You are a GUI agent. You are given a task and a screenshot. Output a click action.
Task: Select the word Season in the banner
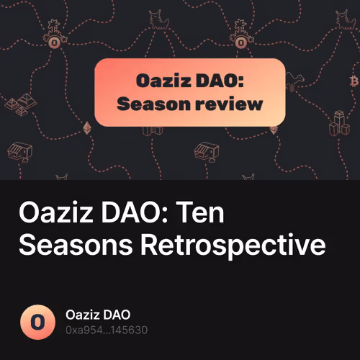tap(152, 104)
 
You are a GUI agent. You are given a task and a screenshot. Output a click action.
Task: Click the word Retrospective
tap(233, 246)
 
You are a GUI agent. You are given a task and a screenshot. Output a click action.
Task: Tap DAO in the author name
tap(117, 315)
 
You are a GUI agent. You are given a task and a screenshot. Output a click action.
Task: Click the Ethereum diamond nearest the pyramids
tap(89, 127)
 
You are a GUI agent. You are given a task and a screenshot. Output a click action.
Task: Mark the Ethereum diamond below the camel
tap(273, 130)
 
